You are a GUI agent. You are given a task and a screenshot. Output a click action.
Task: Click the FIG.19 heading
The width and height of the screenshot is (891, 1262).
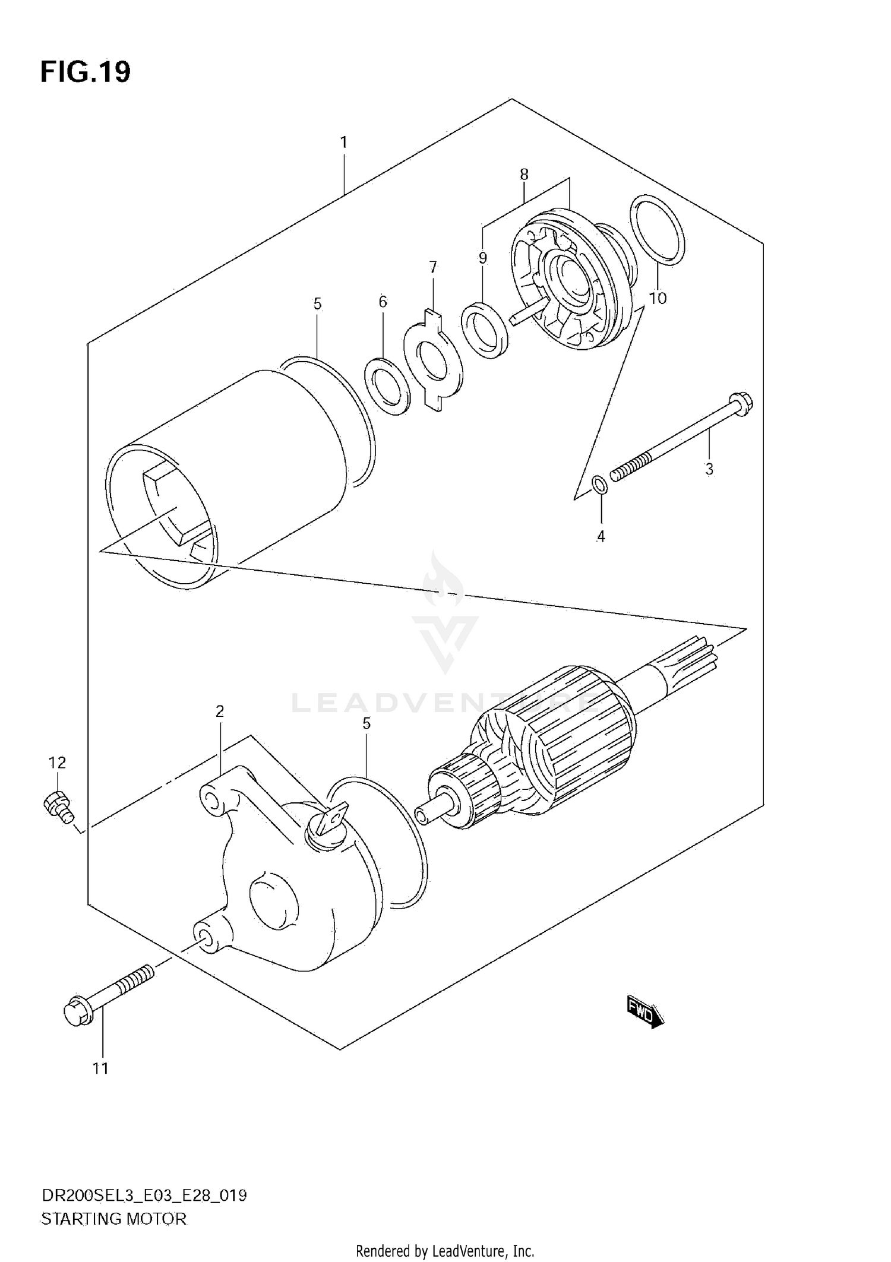click(86, 72)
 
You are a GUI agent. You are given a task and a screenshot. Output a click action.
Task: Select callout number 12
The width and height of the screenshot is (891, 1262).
click(58, 762)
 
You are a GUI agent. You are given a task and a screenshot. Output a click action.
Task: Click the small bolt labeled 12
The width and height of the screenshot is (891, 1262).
click(58, 806)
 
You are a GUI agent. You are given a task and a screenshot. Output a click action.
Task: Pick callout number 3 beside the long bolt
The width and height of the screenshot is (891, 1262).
click(709, 469)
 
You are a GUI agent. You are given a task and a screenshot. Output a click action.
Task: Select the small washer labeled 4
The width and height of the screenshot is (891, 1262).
click(601, 485)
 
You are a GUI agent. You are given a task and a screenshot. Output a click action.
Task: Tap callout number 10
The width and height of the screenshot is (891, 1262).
click(658, 298)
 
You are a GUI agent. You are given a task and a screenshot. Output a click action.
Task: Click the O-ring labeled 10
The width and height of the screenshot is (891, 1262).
click(656, 229)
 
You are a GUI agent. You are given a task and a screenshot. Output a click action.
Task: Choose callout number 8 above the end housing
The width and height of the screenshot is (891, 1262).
click(524, 174)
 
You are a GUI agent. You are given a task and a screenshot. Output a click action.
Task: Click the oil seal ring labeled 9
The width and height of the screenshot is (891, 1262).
click(485, 330)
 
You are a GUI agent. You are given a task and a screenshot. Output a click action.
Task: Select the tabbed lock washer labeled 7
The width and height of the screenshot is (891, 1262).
click(432, 360)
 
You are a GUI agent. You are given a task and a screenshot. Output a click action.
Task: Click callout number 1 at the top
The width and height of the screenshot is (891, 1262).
click(343, 143)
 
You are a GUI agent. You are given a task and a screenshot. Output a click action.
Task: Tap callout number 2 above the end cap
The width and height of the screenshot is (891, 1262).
click(220, 711)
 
